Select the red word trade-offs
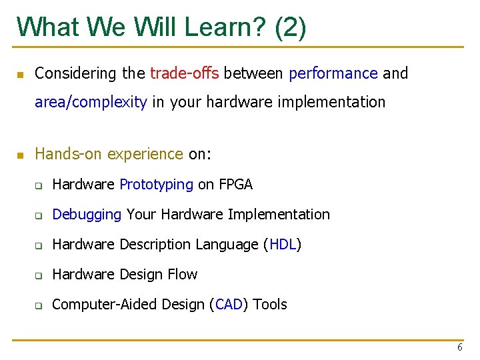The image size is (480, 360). (x=185, y=73)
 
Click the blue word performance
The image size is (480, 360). (x=333, y=73)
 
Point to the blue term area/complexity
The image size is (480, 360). (x=91, y=102)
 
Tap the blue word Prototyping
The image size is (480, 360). (x=156, y=185)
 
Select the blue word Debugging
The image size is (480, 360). (x=87, y=215)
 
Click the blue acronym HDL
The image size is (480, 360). (x=283, y=245)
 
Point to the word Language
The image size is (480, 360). (x=226, y=245)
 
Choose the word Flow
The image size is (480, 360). (x=183, y=275)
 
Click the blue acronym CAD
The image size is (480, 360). (x=229, y=305)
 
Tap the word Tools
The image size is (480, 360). (x=270, y=305)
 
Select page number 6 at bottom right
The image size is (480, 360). (x=459, y=347)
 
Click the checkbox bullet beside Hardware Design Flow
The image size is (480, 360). (x=39, y=275)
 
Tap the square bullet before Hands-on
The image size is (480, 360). (x=21, y=155)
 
